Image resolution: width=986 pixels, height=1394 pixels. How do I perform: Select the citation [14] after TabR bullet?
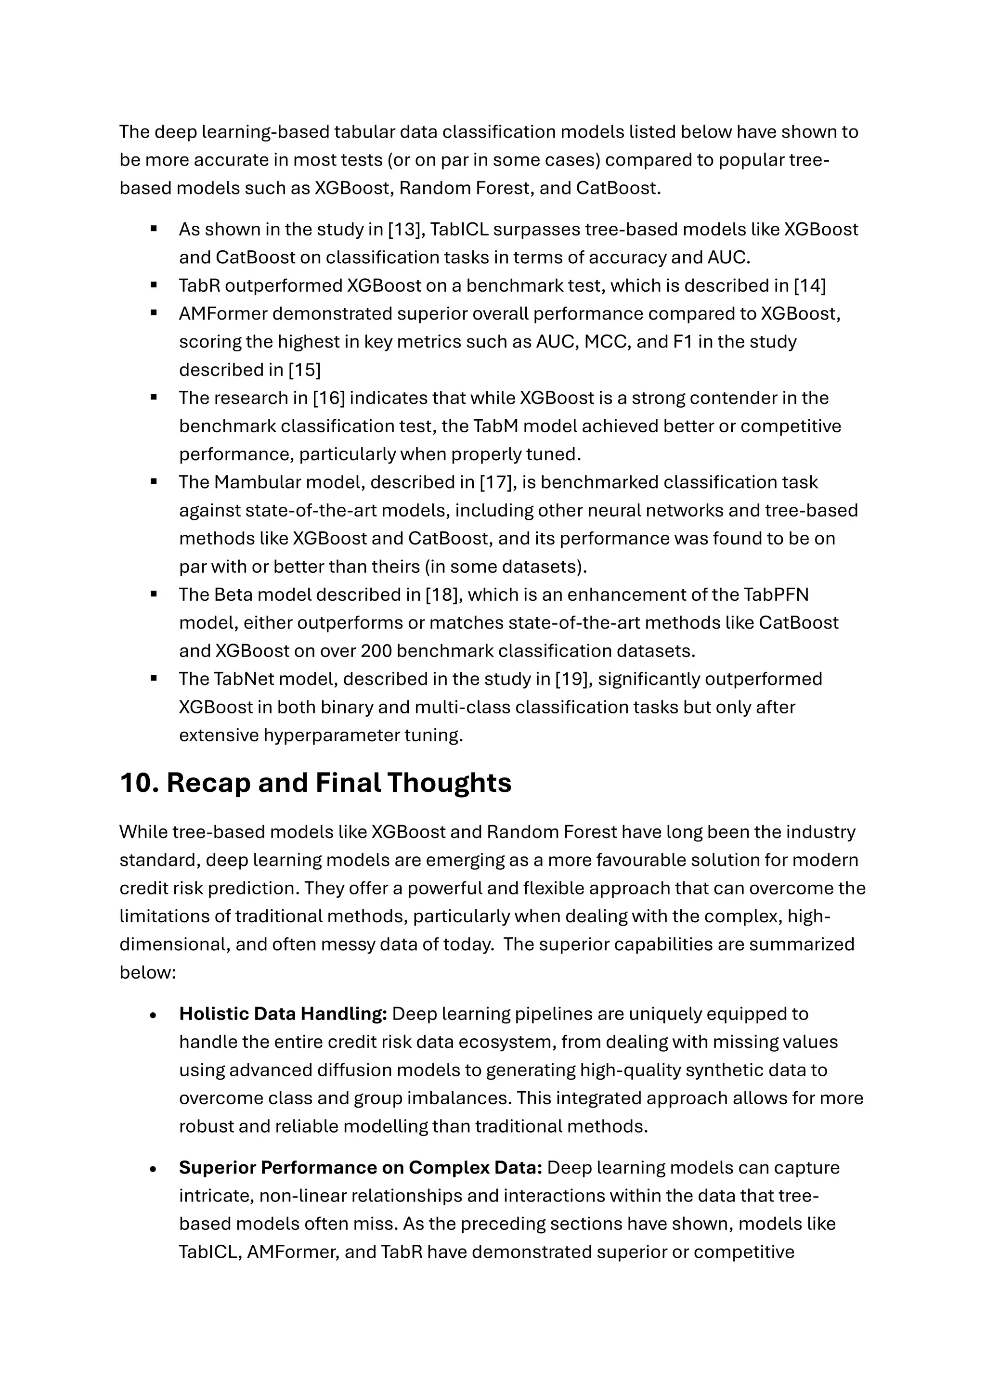(x=810, y=286)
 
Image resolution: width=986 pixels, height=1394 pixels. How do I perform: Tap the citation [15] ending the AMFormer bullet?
(x=304, y=370)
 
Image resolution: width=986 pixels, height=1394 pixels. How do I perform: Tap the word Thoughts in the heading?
(x=449, y=783)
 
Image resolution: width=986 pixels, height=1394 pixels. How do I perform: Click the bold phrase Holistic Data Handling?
(x=283, y=1014)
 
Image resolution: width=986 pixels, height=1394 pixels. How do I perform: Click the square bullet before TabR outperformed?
(x=154, y=285)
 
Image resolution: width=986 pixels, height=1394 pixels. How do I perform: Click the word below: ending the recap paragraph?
(x=147, y=973)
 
